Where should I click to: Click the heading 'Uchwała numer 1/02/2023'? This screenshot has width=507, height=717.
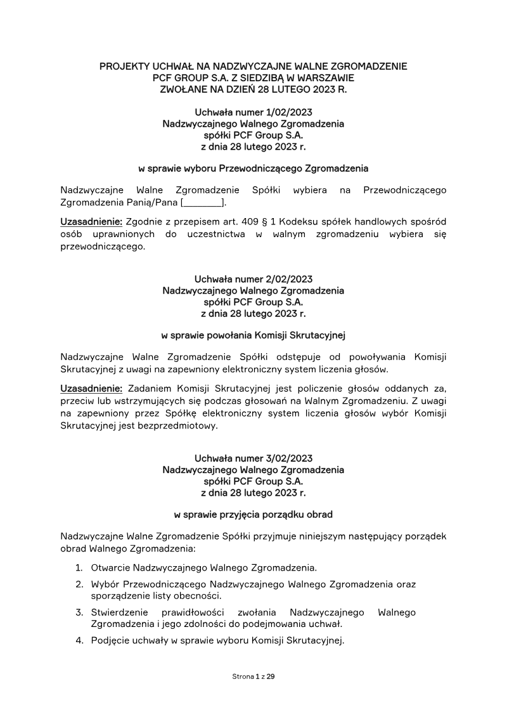(253, 113)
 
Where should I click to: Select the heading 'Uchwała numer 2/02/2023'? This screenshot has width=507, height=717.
(253, 279)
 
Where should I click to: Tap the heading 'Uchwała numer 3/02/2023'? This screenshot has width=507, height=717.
(253, 458)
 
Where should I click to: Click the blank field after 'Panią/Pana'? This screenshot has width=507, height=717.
(203, 202)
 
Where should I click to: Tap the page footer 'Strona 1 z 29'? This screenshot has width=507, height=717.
(253, 677)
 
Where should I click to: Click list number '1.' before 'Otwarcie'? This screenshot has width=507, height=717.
(79, 567)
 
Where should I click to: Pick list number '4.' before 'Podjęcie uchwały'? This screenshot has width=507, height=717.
(79, 640)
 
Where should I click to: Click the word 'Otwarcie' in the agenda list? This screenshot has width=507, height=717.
(110, 567)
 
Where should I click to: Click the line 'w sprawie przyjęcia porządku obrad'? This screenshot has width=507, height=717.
(253, 514)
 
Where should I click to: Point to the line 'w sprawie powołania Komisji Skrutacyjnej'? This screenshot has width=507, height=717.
(253, 335)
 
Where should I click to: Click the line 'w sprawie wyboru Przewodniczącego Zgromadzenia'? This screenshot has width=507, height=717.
(253, 169)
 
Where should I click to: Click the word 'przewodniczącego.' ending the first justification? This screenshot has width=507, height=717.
(103, 247)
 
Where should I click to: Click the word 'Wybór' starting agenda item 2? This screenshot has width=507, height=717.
(105, 584)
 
